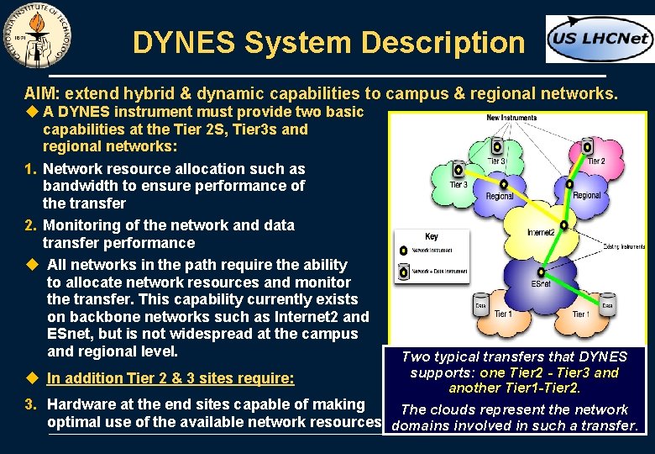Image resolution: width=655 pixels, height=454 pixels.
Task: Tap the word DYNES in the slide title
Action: coord(178,42)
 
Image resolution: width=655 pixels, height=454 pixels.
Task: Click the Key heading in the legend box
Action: coord(431,237)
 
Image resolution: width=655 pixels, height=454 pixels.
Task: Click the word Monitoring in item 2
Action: coord(82,225)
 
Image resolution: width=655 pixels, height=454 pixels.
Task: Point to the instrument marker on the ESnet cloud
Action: coord(542,272)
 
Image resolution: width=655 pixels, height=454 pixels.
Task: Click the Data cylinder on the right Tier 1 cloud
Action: coord(607,304)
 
